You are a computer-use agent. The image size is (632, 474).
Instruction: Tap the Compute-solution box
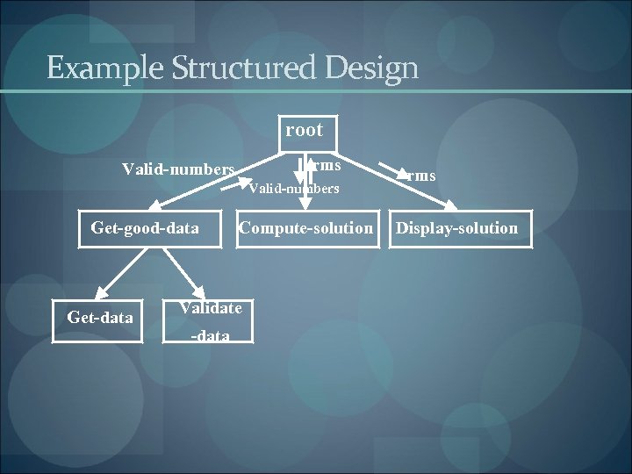pos(306,228)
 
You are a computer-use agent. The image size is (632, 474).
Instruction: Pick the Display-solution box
pos(457,228)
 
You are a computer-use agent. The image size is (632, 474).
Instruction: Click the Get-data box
pos(100,318)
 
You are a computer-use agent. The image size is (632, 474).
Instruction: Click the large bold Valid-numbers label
pos(178,169)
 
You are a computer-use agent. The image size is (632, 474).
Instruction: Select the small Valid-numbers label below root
pos(294,188)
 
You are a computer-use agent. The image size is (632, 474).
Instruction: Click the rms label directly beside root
pos(327,165)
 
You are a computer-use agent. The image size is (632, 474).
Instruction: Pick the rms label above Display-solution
pos(421,176)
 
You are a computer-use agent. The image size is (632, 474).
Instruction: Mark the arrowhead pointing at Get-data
pos(100,294)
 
